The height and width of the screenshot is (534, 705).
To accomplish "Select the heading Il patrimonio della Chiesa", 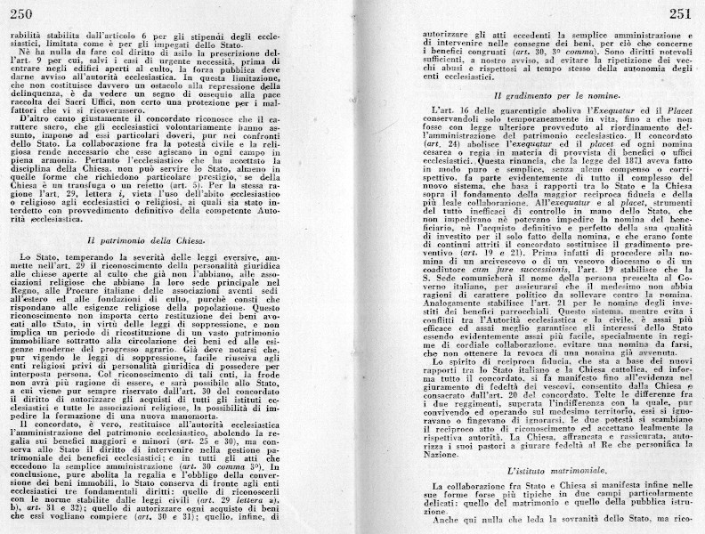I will (159, 240).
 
